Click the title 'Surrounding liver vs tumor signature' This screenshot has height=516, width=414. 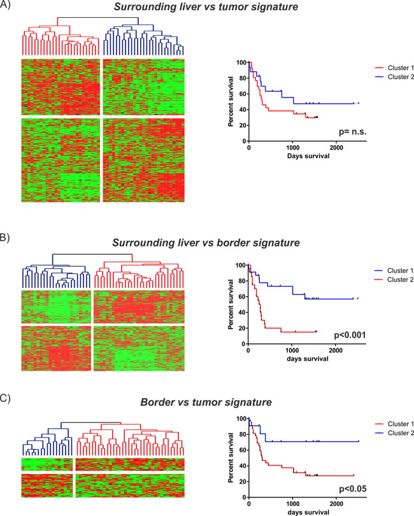206,7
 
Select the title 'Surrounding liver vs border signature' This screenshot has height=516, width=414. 206,243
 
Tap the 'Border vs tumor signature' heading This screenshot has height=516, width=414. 206,402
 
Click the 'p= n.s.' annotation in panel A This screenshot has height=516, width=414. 352,132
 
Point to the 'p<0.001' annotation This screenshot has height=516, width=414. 350,335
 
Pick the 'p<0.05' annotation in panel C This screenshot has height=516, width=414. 353,489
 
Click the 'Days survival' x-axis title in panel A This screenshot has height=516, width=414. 308,156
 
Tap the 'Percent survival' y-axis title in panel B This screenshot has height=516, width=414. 231,305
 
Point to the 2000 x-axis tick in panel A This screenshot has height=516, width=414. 336,147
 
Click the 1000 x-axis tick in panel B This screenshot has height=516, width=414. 292,350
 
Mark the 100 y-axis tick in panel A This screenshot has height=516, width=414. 241,62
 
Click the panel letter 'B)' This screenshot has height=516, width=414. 4,238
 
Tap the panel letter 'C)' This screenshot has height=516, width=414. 5,399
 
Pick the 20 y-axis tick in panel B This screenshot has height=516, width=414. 242,328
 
